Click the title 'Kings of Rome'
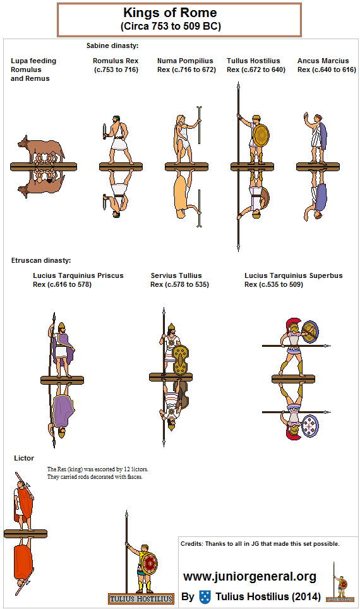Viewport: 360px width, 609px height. (x=170, y=13)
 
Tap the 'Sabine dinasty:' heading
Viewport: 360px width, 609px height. (x=112, y=46)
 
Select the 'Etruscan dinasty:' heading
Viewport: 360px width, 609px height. (x=41, y=261)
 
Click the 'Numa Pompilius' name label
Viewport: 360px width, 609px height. (x=185, y=61)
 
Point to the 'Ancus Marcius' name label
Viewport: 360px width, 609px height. (x=323, y=61)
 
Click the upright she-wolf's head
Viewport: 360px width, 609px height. (x=23, y=142)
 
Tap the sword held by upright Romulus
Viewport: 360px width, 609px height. (x=104, y=131)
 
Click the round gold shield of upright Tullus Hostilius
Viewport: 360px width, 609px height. (x=261, y=136)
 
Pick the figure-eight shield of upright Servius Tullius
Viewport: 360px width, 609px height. (x=181, y=360)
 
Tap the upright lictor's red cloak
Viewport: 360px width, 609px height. (x=25, y=503)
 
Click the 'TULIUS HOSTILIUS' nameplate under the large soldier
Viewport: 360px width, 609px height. (x=141, y=599)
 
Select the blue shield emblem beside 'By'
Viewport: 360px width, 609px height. (x=205, y=596)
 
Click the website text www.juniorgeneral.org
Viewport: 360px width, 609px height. (x=249, y=576)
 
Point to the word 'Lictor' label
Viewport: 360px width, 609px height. (x=24, y=458)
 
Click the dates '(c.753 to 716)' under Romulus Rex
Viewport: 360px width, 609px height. (x=116, y=70)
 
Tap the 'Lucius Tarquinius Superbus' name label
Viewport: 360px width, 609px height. (x=294, y=276)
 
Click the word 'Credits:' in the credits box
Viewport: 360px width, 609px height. (x=192, y=544)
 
